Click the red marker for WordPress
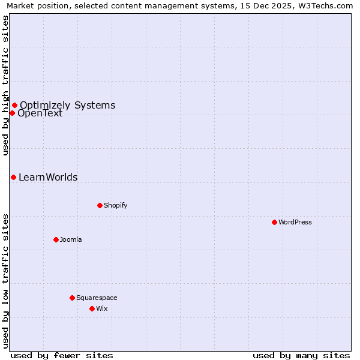pos(274,222)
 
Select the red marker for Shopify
pos(100,205)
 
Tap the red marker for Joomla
pos(56,239)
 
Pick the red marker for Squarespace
pos(72,298)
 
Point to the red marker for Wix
pos(92,308)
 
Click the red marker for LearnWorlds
pos(13,177)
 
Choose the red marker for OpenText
pos(12,113)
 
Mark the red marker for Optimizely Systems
pos(14,106)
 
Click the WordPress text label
pos(295,222)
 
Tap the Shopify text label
pos(116,205)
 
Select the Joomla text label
pos(71,239)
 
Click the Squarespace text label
pos(97,298)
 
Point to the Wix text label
pos(101,308)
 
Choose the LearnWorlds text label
pos(48,177)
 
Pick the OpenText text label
pos(40,113)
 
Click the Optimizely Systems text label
pos(67,106)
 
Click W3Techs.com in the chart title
pos(325,6)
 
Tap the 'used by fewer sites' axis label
pos(62,355)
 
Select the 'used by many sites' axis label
pos(301,355)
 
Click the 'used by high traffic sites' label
pos(6,85)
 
